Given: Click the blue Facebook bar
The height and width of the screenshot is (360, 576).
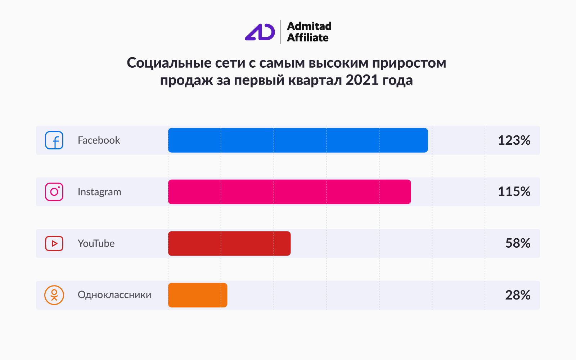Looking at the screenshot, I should pyautogui.click(x=298, y=140).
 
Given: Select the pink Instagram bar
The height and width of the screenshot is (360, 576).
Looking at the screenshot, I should pyautogui.click(x=289, y=192).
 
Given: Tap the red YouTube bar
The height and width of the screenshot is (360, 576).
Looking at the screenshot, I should pyautogui.click(x=229, y=243).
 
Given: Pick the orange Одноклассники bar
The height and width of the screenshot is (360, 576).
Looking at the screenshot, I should pyautogui.click(x=198, y=295).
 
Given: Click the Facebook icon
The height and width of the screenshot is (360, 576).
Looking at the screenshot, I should pyautogui.click(x=54, y=140).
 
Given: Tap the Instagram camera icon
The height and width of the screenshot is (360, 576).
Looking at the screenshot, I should pyautogui.click(x=54, y=192).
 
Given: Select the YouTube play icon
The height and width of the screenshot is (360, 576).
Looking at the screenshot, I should pyautogui.click(x=54, y=244).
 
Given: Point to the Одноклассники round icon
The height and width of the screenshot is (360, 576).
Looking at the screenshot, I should pyautogui.click(x=54, y=295).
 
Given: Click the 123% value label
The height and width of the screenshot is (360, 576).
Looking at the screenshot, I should pyautogui.click(x=514, y=140).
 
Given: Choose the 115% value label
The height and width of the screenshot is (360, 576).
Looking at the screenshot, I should pyautogui.click(x=514, y=192).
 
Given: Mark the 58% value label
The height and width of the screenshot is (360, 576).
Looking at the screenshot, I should pyautogui.click(x=518, y=243).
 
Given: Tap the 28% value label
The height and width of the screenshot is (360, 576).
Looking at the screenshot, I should pyautogui.click(x=518, y=295).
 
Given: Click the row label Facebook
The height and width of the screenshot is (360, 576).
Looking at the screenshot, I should pyautogui.click(x=99, y=140).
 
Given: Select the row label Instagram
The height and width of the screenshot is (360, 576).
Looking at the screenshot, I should pyautogui.click(x=99, y=192).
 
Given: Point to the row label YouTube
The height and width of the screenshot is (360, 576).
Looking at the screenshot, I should pyautogui.click(x=96, y=244).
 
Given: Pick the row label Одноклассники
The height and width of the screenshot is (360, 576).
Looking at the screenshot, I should pyautogui.click(x=114, y=295).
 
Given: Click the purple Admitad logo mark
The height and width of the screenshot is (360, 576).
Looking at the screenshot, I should pyautogui.click(x=260, y=32).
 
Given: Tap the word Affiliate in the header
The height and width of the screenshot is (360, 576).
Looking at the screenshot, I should pyautogui.click(x=308, y=38).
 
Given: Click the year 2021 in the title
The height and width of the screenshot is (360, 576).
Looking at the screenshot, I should pyautogui.click(x=362, y=80).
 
